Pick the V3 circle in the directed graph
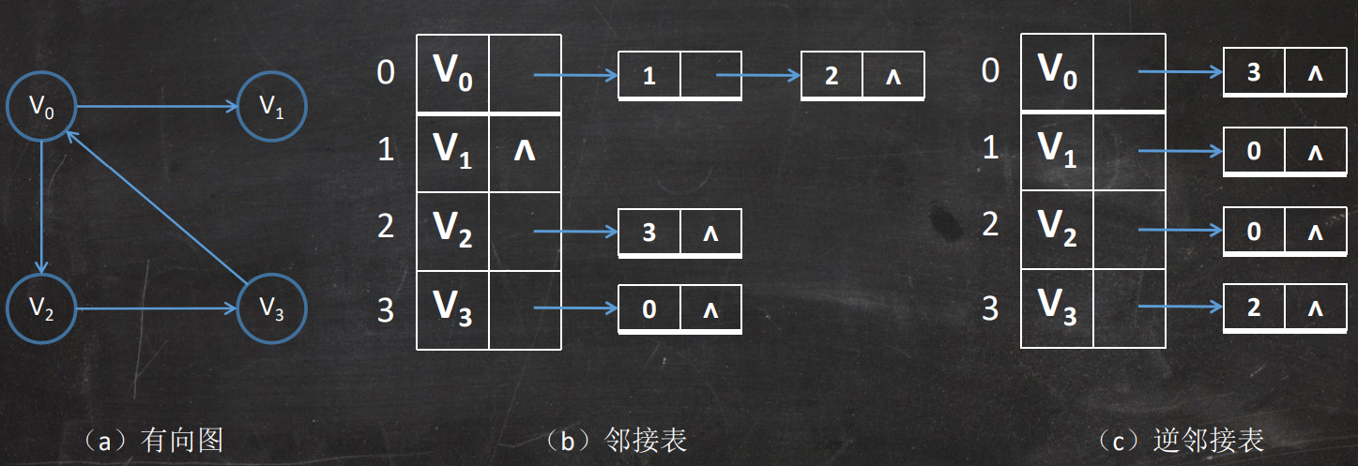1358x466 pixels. click(271, 308)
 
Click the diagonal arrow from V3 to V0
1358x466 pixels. click(156, 207)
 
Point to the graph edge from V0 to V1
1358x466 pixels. click(156, 107)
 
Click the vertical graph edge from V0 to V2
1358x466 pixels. click(41, 207)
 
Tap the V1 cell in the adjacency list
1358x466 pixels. click(453, 149)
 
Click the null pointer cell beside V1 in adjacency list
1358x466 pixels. click(525, 149)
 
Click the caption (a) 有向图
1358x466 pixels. click(153, 440)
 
